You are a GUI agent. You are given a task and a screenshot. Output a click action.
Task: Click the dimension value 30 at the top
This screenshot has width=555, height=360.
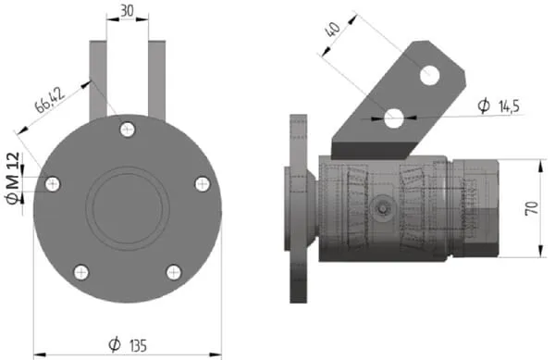pyautogui.click(x=127, y=10)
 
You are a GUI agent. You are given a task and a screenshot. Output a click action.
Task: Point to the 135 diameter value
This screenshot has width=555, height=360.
pyautogui.click(x=138, y=346)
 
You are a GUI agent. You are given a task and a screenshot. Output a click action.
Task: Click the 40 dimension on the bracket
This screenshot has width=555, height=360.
pyautogui.click(x=333, y=30)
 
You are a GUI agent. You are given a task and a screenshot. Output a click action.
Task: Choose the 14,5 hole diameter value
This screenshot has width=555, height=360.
pyautogui.click(x=509, y=106)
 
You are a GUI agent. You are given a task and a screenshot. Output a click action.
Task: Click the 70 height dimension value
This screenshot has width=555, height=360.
pyautogui.click(x=532, y=208)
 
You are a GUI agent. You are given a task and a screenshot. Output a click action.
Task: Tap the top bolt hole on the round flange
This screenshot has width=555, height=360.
pyautogui.click(x=128, y=130)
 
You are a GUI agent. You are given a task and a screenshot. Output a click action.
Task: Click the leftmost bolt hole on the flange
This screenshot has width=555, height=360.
pyautogui.click(x=53, y=184)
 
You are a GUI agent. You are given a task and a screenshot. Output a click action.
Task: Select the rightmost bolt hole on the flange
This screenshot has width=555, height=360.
pyautogui.click(x=203, y=184)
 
